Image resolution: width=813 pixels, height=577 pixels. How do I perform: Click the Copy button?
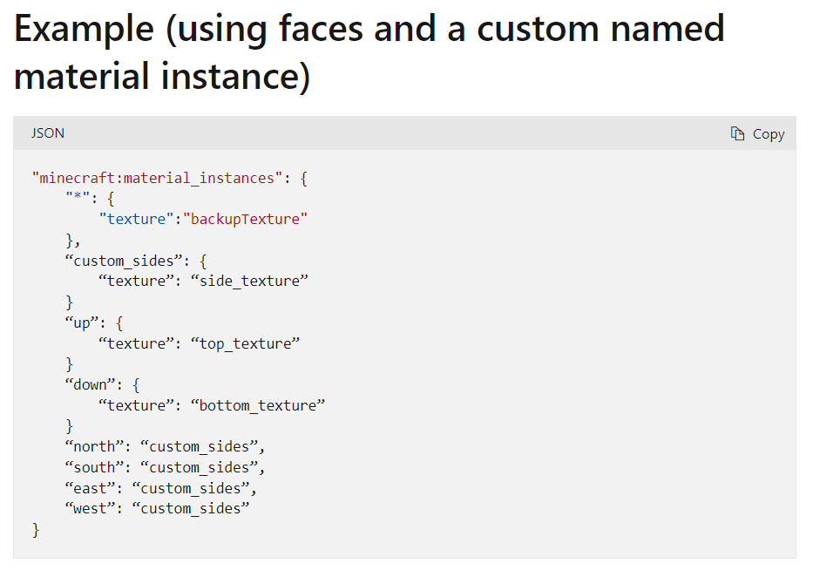coord(758,133)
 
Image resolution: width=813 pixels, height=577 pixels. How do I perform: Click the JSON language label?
coord(48,133)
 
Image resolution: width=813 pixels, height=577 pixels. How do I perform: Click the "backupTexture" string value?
coord(246,219)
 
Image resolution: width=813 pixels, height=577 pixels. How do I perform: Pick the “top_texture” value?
coord(246,343)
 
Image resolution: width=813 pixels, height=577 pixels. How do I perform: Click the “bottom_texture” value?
coord(258,405)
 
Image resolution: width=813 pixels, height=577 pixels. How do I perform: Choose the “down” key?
coord(91,384)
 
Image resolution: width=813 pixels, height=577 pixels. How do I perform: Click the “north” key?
coord(95,446)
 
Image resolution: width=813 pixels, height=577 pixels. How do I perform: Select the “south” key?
coord(95,467)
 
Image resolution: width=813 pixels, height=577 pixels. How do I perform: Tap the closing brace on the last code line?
coord(36,529)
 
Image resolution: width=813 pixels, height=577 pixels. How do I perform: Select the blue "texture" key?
coord(137,219)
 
